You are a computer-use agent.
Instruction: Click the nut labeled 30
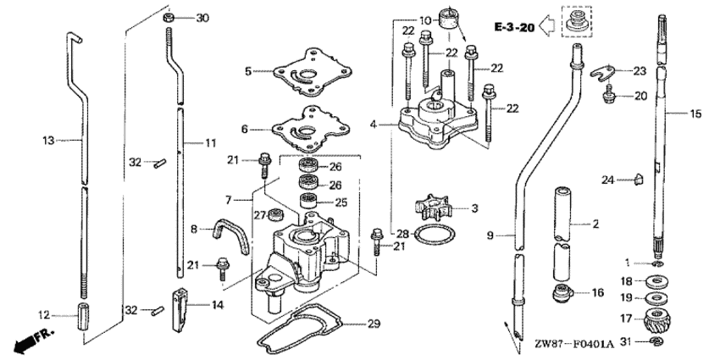(169, 17)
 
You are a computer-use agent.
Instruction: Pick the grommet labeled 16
(562, 295)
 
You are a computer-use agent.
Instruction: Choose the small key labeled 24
(640, 178)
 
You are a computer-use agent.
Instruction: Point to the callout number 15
(695, 113)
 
